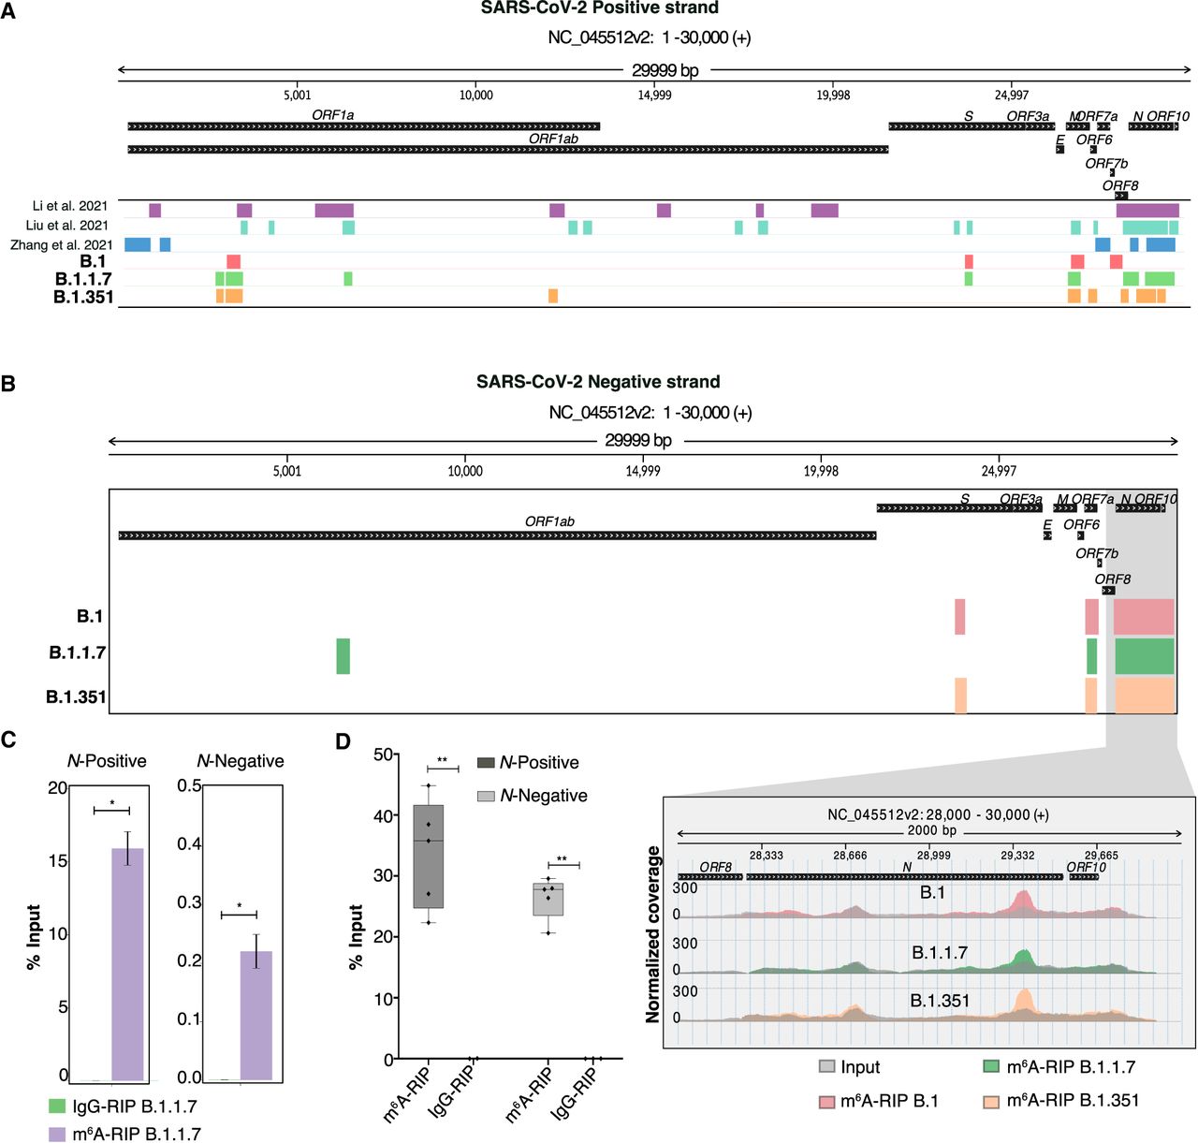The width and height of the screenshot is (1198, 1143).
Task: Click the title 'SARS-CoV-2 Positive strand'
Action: (599, 8)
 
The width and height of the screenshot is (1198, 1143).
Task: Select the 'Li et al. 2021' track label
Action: (70, 206)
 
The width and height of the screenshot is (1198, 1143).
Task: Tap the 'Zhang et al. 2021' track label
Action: (62, 245)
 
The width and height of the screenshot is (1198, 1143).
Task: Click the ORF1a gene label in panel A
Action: (333, 115)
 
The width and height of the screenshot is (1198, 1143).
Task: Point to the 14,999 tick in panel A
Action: (654, 95)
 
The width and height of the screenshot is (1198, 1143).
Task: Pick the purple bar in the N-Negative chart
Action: (256, 1016)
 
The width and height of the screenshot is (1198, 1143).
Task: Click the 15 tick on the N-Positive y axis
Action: (58, 860)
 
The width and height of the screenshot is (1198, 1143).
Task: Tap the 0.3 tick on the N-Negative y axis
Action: (189, 902)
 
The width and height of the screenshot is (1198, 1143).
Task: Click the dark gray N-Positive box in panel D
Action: (429, 857)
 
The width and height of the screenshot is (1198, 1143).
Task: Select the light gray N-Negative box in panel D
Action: (548, 899)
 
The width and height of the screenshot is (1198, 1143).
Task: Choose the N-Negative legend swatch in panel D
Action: (486, 796)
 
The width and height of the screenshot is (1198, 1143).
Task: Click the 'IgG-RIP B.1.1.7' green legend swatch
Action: (57, 1106)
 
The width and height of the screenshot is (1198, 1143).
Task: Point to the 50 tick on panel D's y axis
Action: (383, 755)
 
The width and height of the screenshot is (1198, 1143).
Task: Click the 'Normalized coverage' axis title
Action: (653, 934)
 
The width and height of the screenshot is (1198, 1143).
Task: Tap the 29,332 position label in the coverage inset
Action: (1017, 856)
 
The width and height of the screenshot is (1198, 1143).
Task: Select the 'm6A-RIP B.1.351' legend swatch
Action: (991, 1102)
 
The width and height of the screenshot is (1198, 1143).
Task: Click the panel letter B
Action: (8, 384)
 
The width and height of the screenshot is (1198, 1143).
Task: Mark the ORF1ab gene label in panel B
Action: (549, 521)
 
